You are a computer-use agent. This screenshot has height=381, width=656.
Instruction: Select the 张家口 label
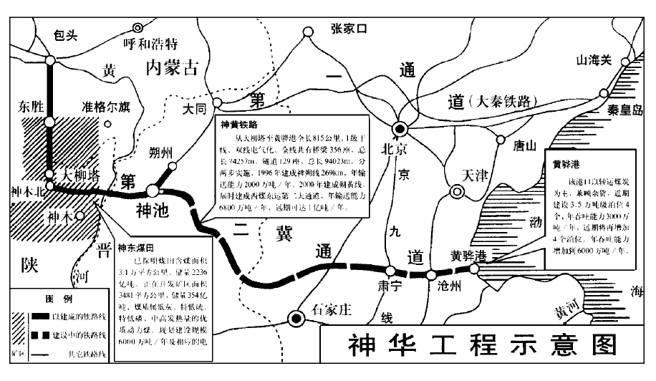pyautogui.click(x=349, y=29)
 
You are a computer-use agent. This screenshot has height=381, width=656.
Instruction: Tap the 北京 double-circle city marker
pyautogui.click(x=400, y=129)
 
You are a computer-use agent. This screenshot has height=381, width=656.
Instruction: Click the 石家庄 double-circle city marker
pyautogui.click(x=294, y=319)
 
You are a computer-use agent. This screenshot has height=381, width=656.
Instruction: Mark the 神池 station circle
pyautogui.click(x=153, y=191)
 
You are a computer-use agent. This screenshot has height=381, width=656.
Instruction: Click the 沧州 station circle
pyautogui.click(x=430, y=275)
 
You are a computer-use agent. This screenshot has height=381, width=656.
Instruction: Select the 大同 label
pyautogui.click(x=194, y=110)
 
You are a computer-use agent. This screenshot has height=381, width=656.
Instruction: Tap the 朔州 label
pyautogui.click(x=158, y=152)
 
